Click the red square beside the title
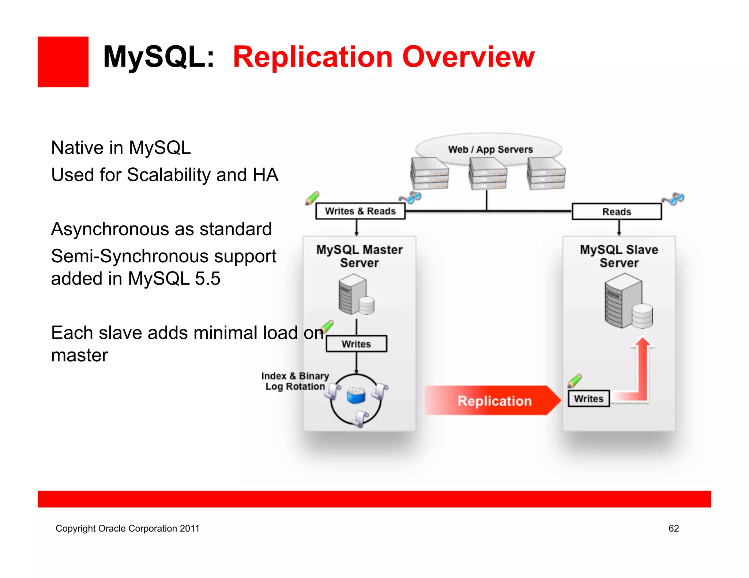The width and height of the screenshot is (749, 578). click(x=63, y=62)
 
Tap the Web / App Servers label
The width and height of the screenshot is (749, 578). click(x=490, y=149)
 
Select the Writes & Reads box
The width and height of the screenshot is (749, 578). click(x=360, y=211)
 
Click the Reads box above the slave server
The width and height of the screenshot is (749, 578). click(x=617, y=212)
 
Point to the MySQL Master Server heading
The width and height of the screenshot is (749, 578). click(x=359, y=256)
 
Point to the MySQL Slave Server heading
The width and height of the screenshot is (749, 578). click(x=619, y=256)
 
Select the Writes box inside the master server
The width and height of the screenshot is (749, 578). click(x=356, y=344)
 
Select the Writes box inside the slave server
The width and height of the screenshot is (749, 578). click(x=588, y=399)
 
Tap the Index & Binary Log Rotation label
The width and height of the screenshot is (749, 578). click(x=295, y=381)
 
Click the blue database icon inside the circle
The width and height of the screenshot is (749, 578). click(x=356, y=395)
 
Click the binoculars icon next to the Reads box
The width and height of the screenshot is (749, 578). click(x=673, y=199)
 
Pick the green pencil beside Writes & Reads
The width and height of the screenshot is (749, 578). click(x=312, y=198)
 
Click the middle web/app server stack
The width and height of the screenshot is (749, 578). click(x=488, y=174)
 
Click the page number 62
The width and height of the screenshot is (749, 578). click(x=673, y=528)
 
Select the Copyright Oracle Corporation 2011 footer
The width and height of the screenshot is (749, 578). click(x=127, y=528)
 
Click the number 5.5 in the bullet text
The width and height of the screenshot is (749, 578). click(x=207, y=279)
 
